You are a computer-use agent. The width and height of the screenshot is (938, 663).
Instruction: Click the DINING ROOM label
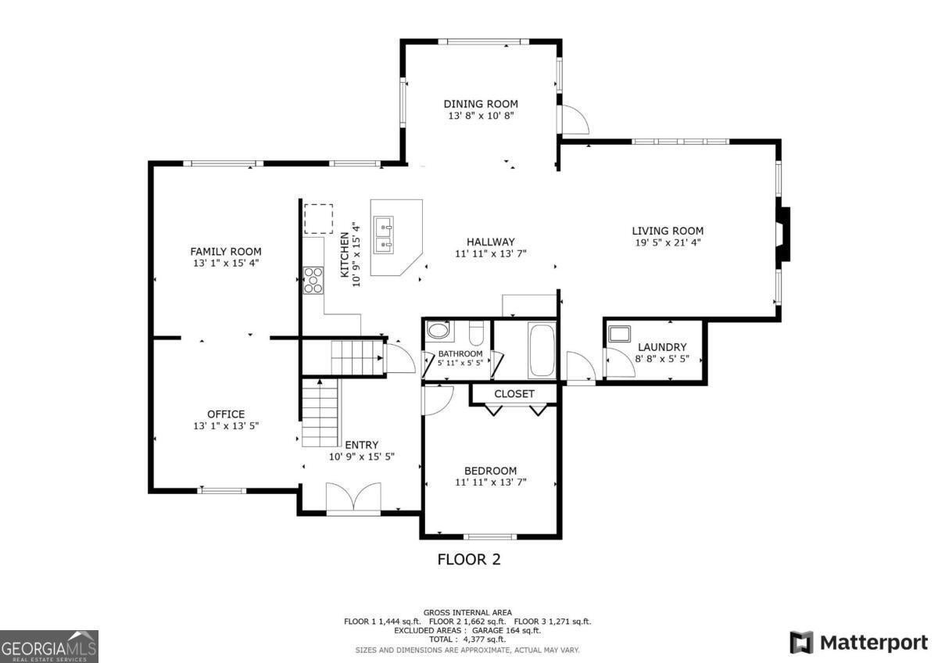pos(481,104)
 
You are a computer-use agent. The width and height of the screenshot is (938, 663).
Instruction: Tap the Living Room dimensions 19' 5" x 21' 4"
pos(668,242)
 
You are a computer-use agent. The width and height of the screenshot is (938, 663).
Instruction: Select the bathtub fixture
pos(542,349)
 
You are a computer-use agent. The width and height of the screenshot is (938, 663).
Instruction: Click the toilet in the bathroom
pos(476,332)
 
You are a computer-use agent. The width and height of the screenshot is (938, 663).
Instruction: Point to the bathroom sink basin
pos(438,330)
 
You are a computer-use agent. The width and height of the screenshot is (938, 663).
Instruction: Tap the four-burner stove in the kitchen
pos(313,280)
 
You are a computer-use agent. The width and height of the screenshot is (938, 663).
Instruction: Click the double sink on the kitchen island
pos(384,235)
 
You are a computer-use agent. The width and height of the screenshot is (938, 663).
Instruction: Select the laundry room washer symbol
pos(620,334)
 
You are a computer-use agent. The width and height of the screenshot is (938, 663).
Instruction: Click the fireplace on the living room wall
pos(782,234)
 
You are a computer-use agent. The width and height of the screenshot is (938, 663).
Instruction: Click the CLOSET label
pos(514,394)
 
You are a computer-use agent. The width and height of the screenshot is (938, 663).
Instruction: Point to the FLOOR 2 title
pos(469,559)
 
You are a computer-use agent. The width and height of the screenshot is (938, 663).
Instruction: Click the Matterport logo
pos(859,643)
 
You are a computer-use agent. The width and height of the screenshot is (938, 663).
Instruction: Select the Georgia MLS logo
pos(49,647)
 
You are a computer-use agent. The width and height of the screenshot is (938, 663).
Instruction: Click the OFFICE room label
pos(226,414)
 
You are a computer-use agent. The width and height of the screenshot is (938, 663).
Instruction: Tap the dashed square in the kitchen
pos(319,219)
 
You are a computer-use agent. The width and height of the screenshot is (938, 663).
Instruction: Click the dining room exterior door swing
pos(575,120)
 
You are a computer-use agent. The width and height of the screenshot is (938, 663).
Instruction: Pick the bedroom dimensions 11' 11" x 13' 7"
pos(491,482)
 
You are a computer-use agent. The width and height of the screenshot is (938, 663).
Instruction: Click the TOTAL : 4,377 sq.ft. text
pos(467,640)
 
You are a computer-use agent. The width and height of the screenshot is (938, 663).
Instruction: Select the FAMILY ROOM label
pos(226,252)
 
